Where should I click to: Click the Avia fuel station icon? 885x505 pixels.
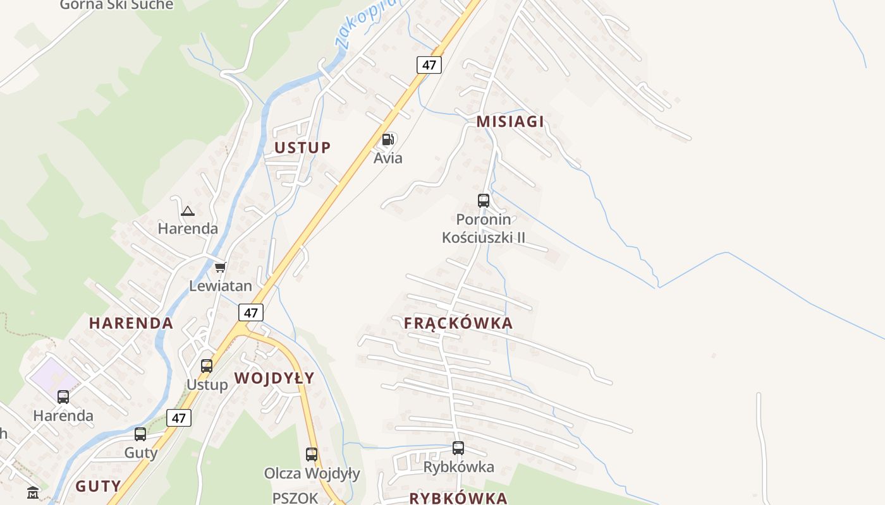point(388,140)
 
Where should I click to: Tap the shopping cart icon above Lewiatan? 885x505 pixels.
point(220,268)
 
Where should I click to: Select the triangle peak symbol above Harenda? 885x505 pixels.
point(188,211)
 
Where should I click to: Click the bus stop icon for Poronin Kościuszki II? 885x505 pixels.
point(484,201)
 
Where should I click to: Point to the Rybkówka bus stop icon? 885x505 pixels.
point(458,448)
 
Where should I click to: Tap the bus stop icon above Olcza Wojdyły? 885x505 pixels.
point(312,454)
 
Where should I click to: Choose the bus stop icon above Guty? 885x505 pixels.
point(140,434)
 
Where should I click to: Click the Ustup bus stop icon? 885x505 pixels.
point(207,365)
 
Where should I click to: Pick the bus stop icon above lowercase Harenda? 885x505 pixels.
point(63,397)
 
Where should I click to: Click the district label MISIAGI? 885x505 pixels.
point(510,122)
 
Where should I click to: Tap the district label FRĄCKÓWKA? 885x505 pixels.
point(458,323)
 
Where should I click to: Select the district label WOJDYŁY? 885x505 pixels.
point(274,378)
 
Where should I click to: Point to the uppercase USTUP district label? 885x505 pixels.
point(302,148)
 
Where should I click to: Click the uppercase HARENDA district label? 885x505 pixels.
point(131,323)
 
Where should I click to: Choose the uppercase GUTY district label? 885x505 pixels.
point(98,486)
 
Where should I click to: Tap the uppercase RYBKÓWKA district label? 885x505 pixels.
point(458,498)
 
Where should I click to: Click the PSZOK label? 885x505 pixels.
point(295,498)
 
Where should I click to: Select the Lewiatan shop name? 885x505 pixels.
point(221,286)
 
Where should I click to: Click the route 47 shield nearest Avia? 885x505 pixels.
point(429,64)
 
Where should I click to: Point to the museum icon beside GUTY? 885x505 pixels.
point(33,492)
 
